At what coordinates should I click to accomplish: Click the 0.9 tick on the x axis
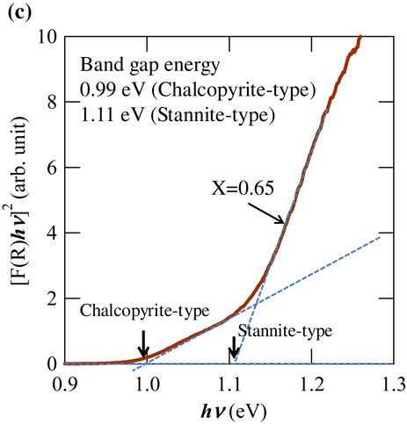tap(64, 382)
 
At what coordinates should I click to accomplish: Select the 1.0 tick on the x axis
tap(147, 382)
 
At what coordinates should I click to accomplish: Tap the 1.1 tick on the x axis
tap(229, 382)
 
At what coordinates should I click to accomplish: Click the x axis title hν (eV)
tap(228, 409)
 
